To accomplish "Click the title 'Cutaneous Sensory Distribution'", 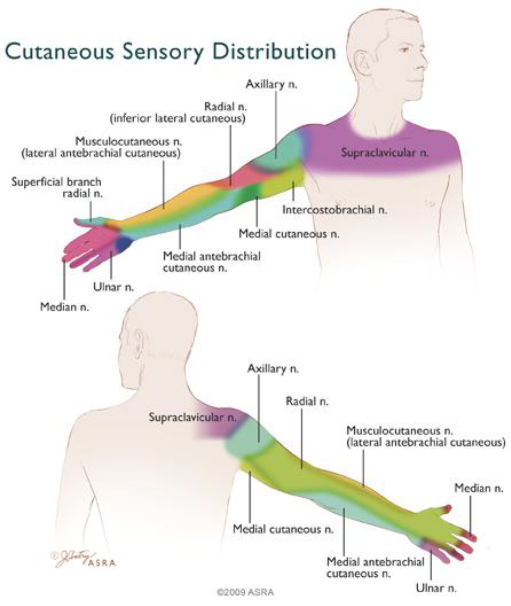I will click(170, 52).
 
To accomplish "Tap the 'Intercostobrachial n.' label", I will click(335, 210).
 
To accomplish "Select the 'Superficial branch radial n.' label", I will click(57, 188).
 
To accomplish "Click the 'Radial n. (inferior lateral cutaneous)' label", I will click(178, 113).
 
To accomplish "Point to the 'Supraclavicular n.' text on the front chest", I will click(385, 153).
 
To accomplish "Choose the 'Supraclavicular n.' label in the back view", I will click(192, 417).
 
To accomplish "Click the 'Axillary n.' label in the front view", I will click(271, 85).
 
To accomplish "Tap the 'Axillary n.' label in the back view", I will click(273, 369).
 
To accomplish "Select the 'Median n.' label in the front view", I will click(64, 307).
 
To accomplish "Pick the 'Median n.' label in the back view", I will click(478, 488).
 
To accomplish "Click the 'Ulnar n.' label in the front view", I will click(113, 287).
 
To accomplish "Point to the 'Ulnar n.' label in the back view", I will click(436, 588).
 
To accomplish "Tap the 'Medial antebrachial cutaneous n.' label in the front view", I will click(212, 262).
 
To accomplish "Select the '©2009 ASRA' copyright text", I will click(245, 592).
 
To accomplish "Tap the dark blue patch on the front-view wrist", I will click(124, 243).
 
